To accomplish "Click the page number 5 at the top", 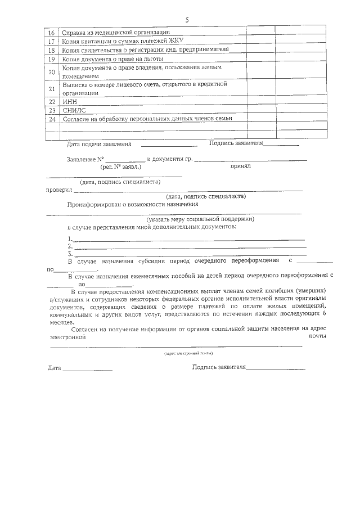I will (186, 20).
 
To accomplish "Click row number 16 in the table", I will (52, 32).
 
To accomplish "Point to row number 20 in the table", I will (52, 71).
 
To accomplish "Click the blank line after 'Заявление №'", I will (125, 160).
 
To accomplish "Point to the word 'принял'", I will (240, 166).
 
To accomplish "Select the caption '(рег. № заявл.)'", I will (121, 167).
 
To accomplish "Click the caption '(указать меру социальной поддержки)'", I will (201, 218).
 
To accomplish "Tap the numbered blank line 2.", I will (189, 246).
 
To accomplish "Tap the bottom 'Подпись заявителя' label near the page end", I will (219, 367).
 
